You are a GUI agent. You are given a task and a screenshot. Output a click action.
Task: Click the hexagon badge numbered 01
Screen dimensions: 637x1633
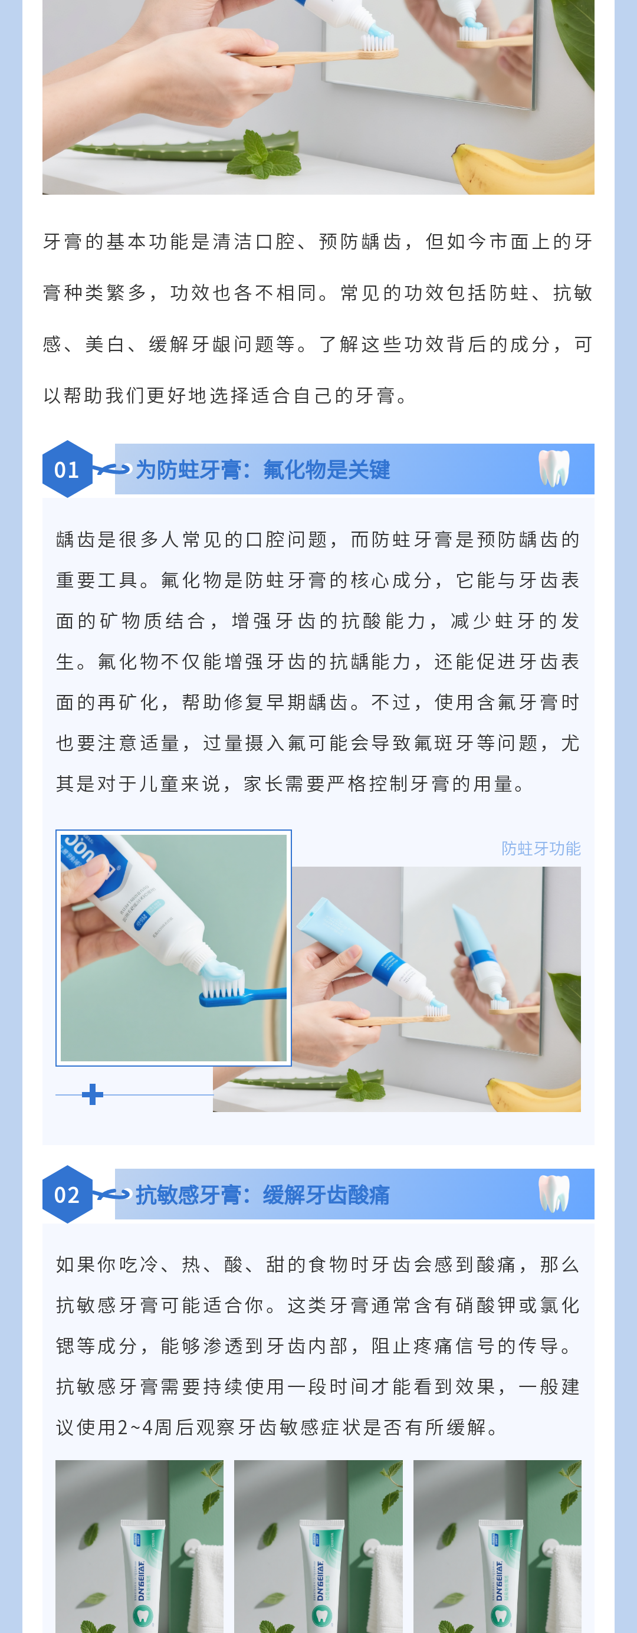point(67,468)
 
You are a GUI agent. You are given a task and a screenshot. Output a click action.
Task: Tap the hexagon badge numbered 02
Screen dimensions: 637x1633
point(67,1193)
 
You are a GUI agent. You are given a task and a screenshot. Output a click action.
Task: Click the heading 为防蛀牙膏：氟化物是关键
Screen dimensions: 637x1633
point(263,470)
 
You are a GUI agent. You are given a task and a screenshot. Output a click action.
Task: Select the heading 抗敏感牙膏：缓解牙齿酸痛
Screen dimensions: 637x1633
point(263,1195)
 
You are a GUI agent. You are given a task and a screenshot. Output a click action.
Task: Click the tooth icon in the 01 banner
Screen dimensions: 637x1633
point(554,468)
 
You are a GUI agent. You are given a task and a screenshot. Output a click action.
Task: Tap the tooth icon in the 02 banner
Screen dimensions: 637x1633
point(554,1193)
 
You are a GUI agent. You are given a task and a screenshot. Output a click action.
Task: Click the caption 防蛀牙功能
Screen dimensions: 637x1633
point(541,848)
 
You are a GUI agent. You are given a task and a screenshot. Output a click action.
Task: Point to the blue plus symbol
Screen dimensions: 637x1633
point(93,1094)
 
